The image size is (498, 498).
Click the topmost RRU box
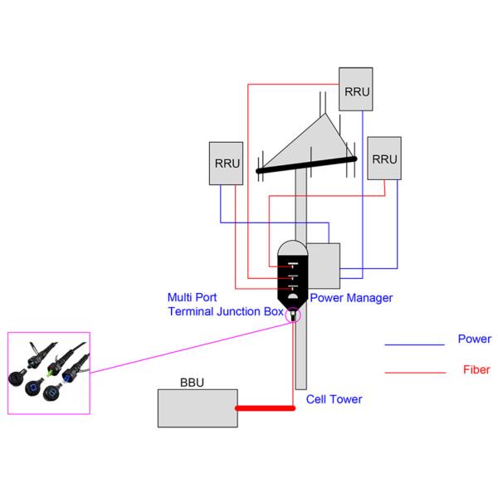[x=355, y=88]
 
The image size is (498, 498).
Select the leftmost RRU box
[x=227, y=163]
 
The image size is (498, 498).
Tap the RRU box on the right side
[x=384, y=158]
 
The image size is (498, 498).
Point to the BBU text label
[x=193, y=384]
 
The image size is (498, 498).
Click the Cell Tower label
[x=334, y=399]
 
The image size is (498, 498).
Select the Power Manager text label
[x=351, y=297]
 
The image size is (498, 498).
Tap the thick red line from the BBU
[x=265, y=408]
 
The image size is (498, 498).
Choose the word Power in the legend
[x=474, y=339]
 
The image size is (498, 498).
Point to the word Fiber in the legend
[x=476, y=370]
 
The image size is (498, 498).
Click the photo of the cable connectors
[x=49, y=372]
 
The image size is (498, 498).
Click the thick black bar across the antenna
[x=306, y=164]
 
